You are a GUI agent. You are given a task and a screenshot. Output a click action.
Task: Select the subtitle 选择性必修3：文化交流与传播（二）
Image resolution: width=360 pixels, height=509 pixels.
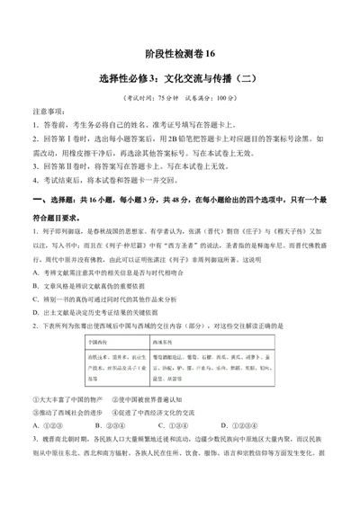point(179,79)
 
